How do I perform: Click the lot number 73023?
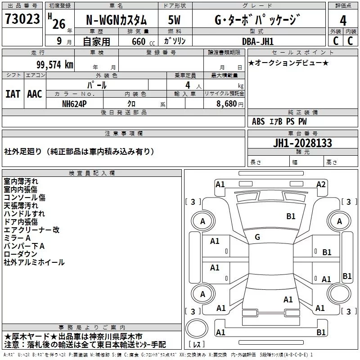22,18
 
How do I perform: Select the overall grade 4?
343,20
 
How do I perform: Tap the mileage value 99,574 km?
55,65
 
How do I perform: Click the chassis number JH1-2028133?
302,143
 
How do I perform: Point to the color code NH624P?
74,104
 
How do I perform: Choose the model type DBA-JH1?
258,41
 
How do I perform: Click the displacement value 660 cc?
143,41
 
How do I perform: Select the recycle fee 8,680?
227,103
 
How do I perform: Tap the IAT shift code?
13,94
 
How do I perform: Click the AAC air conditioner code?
35,94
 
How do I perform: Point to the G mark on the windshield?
257,237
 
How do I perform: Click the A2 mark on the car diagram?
321,184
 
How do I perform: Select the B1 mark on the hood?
291,216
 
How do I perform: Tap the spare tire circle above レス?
197,328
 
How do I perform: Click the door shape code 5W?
174,20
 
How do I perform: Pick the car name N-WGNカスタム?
117,20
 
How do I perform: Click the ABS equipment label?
258,121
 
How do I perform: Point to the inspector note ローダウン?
20,254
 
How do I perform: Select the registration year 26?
59,24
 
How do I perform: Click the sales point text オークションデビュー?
288,63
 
